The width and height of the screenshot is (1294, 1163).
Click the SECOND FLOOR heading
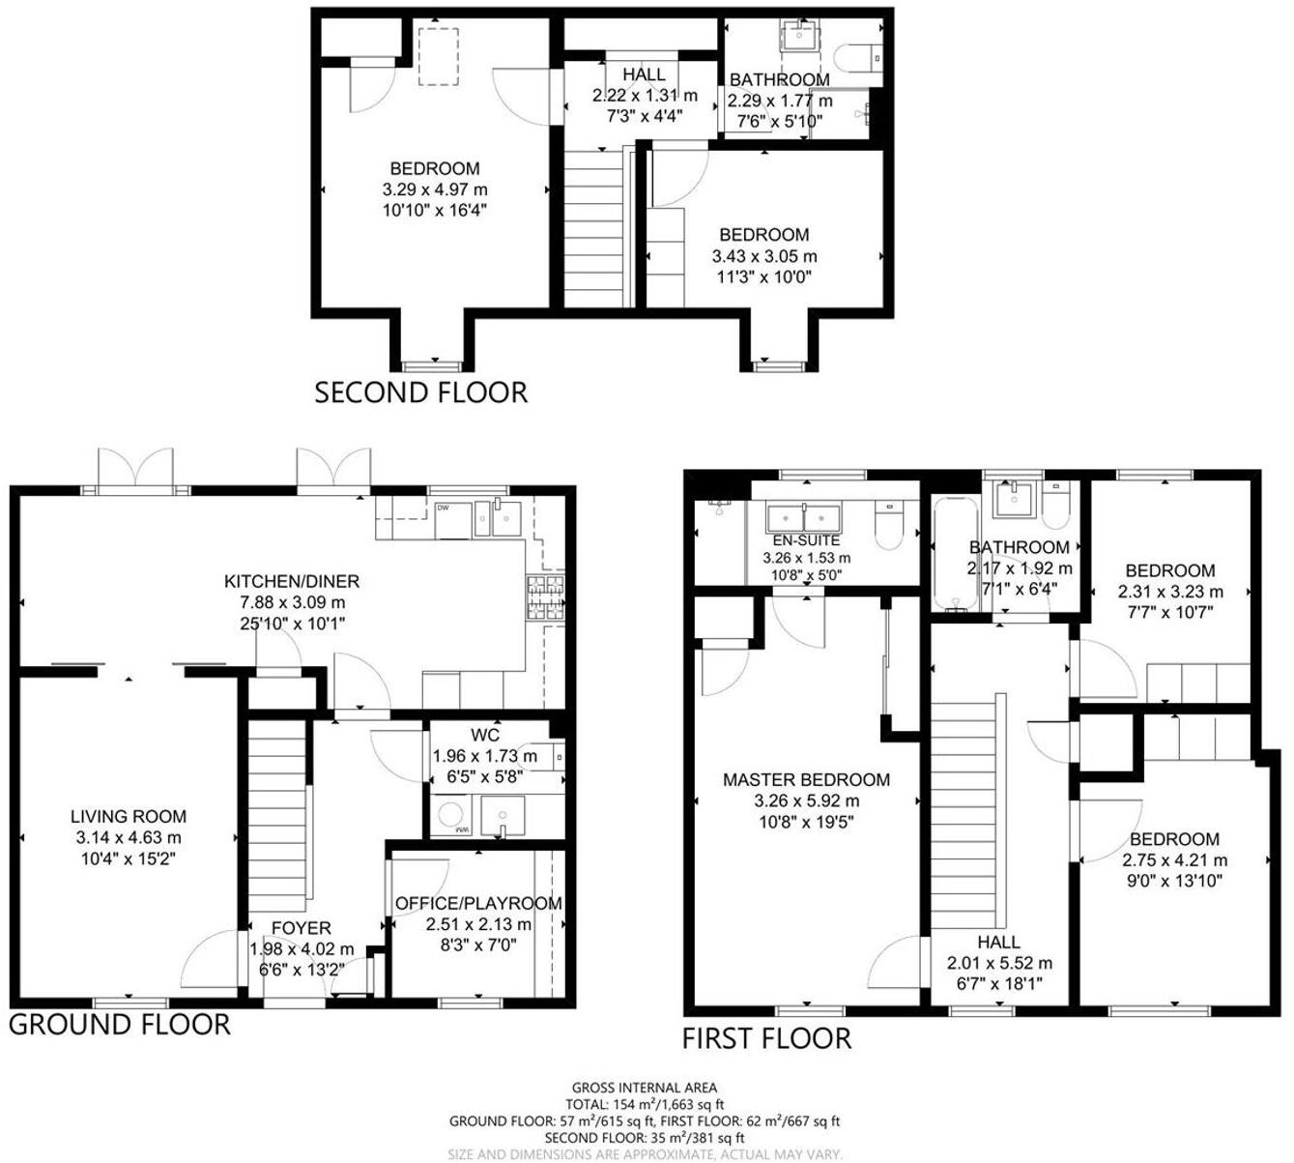[x=421, y=393]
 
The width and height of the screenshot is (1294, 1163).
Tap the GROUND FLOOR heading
[x=120, y=1025]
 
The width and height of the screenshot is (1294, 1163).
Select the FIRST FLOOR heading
[x=766, y=1039]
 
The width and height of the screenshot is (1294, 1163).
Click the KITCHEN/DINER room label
[x=292, y=581]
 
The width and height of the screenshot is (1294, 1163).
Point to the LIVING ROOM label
[x=129, y=817]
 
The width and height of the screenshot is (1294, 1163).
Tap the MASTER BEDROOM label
[x=806, y=779]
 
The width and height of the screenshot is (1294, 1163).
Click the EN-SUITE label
[x=806, y=541]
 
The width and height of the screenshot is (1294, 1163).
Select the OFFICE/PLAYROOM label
[x=478, y=904]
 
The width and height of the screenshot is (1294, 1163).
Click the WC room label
[x=485, y=736]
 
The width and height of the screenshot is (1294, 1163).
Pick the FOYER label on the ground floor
[x=301, y=928]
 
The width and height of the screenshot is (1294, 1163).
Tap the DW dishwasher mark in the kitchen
[x=442, y=508]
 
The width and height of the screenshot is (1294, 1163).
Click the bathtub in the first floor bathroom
[x=953, y=555]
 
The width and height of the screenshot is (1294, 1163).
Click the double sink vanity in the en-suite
[x=806, y=516]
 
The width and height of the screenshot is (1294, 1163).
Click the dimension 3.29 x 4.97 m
[x=434, y=189]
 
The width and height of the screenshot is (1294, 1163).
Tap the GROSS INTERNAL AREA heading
[x=645, y=1088]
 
